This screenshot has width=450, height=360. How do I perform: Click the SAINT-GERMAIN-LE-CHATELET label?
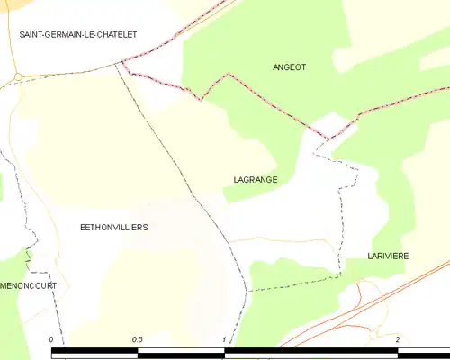tap(79, 34)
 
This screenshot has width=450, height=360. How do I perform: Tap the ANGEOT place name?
tap(290, 67)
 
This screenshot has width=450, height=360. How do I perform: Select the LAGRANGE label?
tap(255, 180)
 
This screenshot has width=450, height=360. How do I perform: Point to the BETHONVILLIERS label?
tap(114, 228)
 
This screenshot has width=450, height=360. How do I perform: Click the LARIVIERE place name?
tap(388, 256)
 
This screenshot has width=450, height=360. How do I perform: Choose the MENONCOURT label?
tap(28, 285)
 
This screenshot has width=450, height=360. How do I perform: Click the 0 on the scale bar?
tap(52, 340)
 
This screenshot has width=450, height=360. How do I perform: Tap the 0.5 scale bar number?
tap(138, 340)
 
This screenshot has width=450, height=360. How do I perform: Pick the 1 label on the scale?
tap(224, 340)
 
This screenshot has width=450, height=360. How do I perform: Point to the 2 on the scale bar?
tap(397, 340)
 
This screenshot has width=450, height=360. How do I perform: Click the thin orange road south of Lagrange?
tap(279, 239)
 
